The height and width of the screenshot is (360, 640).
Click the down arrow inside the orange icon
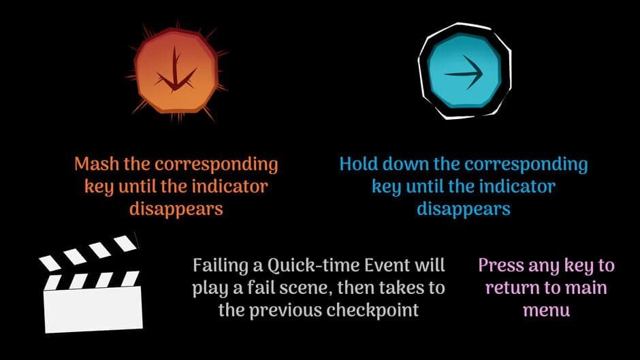(176, 69)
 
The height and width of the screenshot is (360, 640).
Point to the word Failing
(221, 265)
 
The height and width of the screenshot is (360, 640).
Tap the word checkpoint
(372, 310)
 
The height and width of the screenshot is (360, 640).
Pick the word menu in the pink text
(546, 311)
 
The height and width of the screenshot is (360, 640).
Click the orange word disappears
(176, 210)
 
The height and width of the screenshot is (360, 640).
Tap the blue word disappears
(463, 210)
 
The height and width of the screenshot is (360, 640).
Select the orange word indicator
(230, 186)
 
